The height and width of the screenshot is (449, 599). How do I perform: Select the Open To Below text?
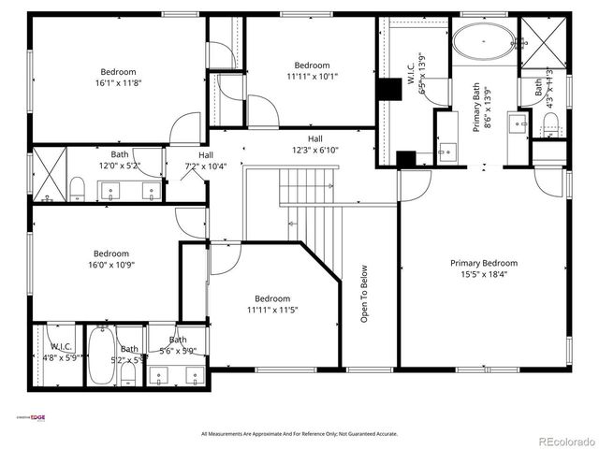click(x=364, y=294)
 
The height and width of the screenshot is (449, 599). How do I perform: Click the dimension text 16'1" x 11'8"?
click(x=119, y=83)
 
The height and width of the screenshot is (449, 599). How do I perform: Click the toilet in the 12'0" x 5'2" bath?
click(x=77, y=190)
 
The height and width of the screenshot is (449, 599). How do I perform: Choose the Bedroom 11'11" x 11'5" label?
click(x=273, y=304)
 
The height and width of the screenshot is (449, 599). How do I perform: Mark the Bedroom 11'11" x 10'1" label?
click(x=312, y=71)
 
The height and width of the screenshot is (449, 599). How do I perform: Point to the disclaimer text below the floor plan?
click(x=299, y=433)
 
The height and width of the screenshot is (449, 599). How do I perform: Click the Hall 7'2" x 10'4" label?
click(x=206, y=161)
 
